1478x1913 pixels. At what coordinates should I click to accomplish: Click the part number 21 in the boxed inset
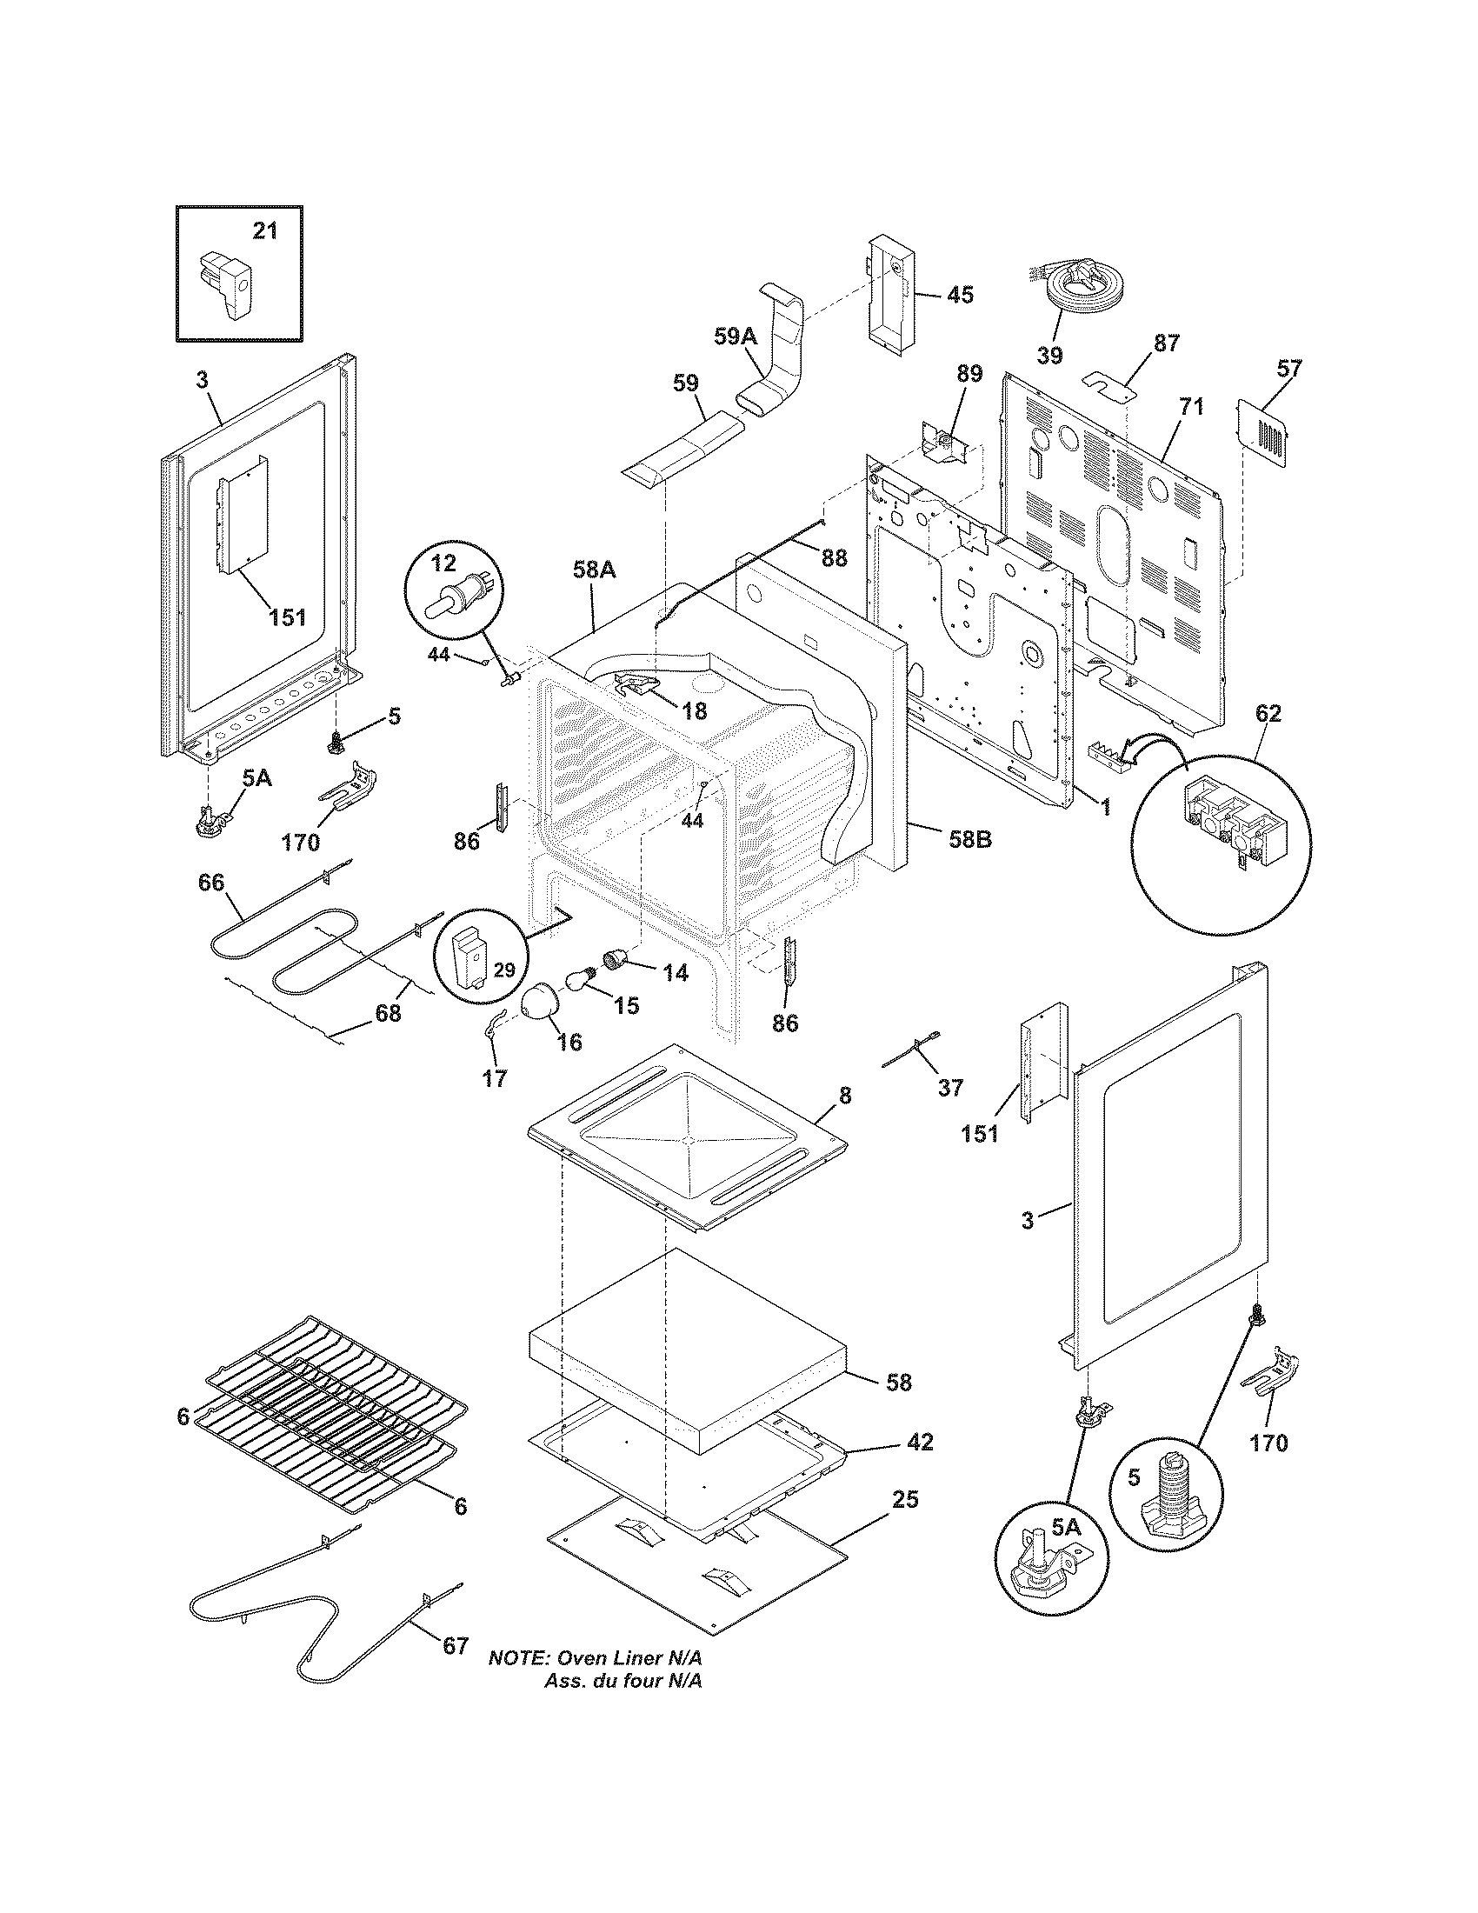pos(264,230)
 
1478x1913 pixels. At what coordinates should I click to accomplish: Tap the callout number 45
pos(961,294)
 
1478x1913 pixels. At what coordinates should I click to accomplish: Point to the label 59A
pos(735,337)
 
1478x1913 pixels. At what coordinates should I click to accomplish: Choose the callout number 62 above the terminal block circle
pos(1268,713)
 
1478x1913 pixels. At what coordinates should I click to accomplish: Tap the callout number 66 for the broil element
pos(210,882)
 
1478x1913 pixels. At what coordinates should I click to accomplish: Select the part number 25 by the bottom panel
pos(905,1500)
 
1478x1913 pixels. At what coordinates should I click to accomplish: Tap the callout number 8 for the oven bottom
pos(845,1096)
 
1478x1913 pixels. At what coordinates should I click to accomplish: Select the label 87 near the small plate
pos(1166,343)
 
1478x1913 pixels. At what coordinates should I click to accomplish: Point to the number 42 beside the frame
pos(920,1442)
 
